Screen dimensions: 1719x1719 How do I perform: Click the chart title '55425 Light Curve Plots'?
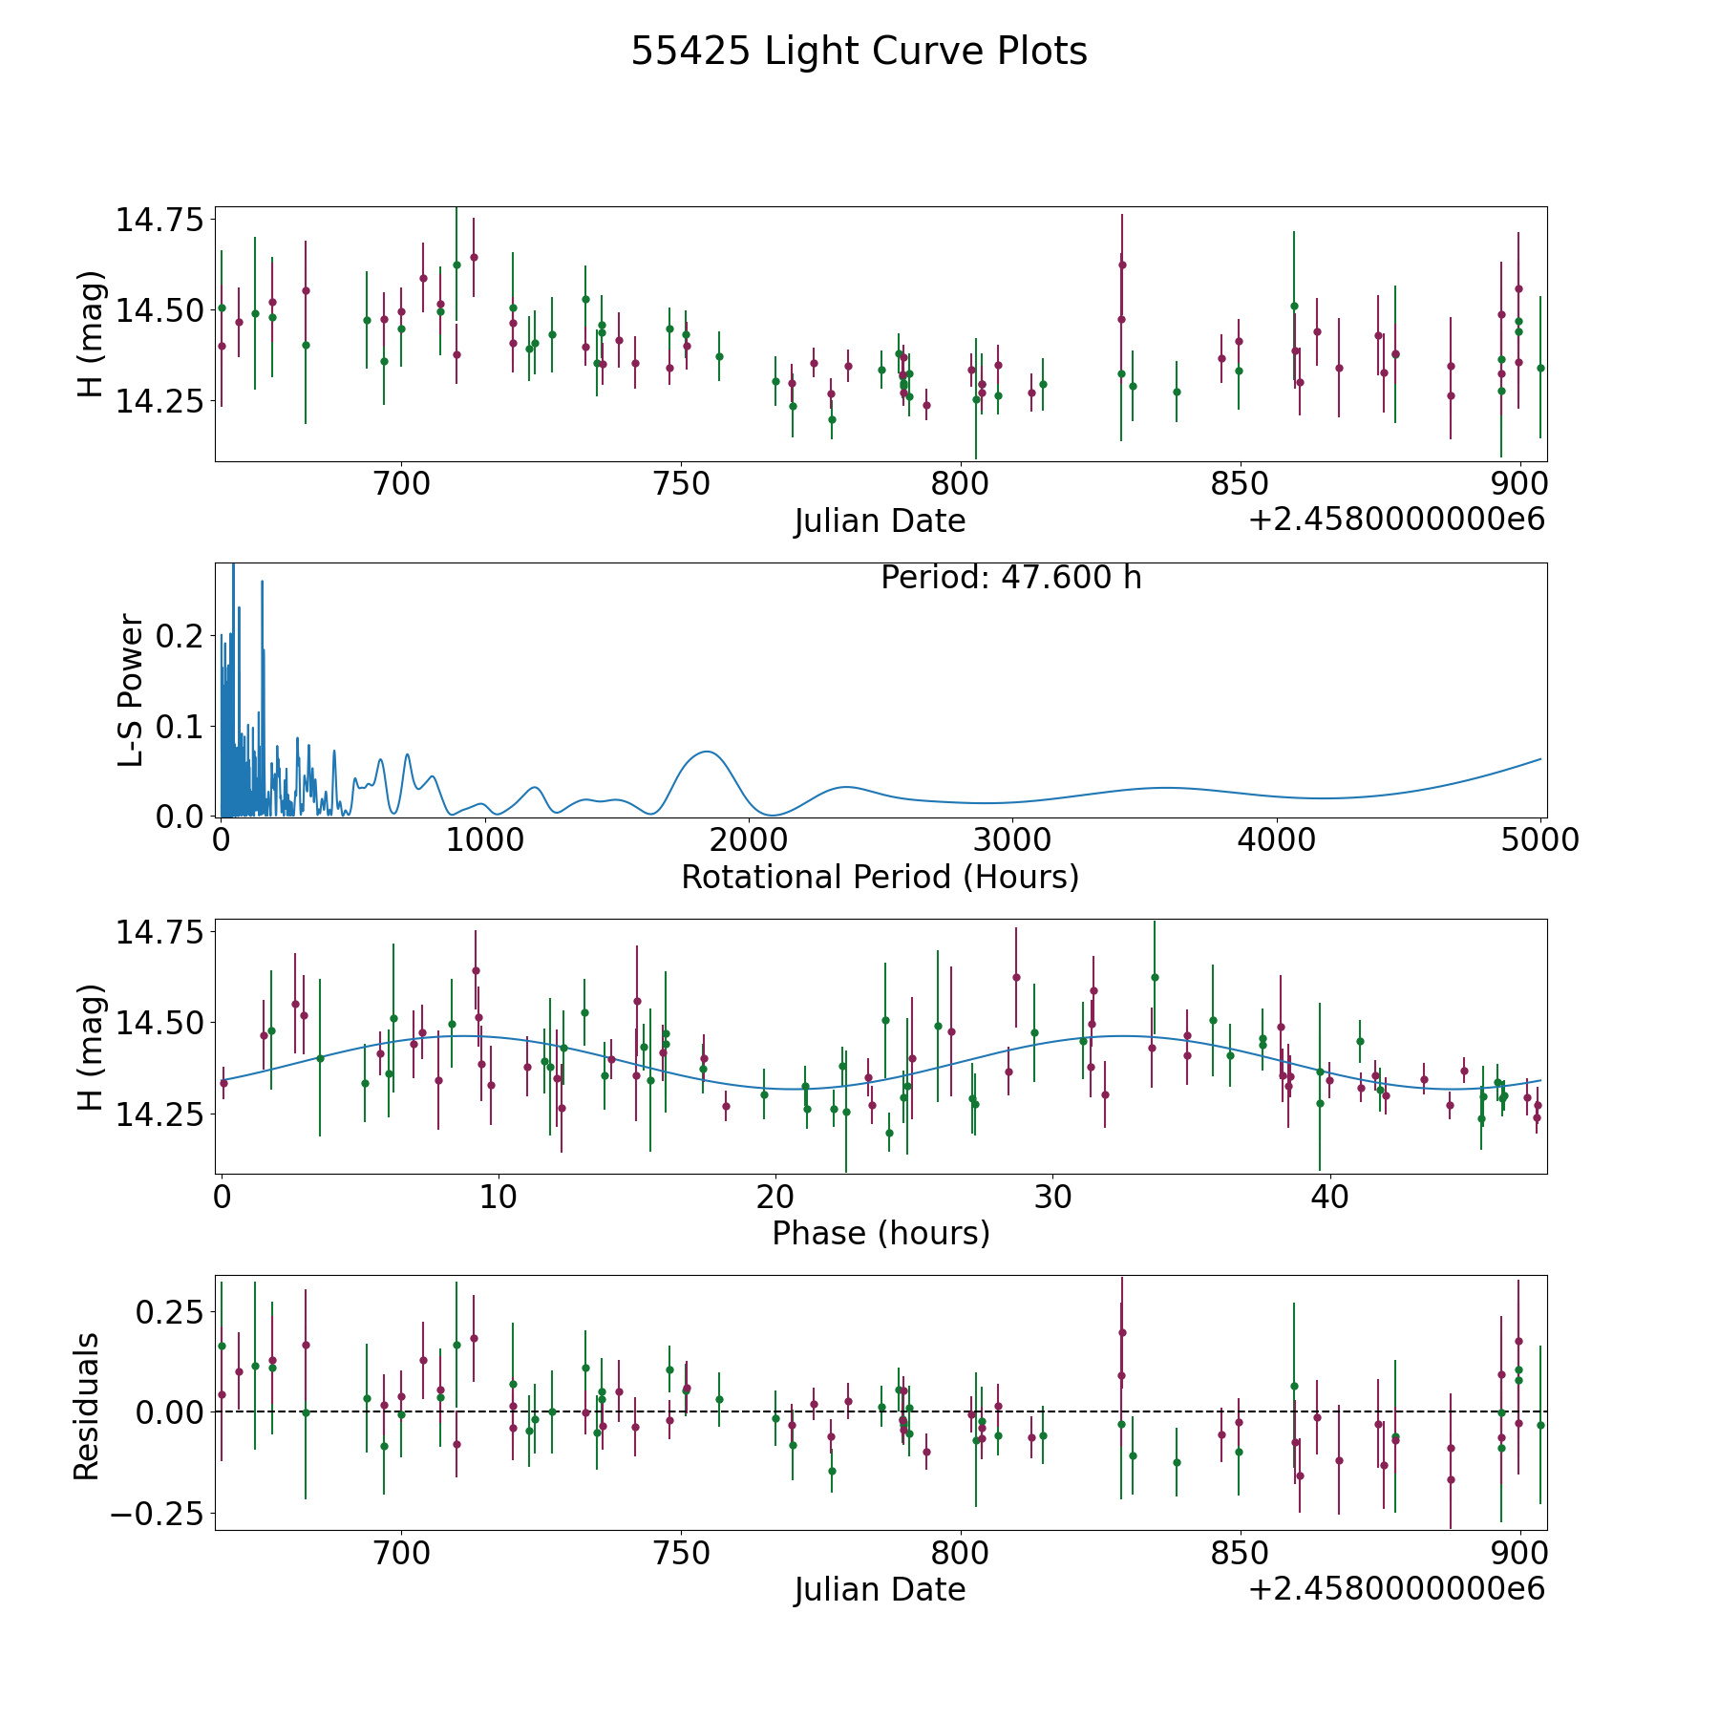coord(859,52)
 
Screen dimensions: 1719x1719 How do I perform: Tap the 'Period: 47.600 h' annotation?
coord(1010,578)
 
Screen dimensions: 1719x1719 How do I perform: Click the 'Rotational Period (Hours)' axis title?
coord(880,877)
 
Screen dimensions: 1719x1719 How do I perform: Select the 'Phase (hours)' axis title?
coord(881,1233)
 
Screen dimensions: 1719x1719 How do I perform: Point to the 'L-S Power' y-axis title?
coord(132,690)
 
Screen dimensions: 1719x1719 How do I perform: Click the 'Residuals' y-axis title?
coord(87,1407)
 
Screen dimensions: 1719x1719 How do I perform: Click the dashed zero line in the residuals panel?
coord(881,1411)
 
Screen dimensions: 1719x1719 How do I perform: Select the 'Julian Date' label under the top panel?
coord(880,521)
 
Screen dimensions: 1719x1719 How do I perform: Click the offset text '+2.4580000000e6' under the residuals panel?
coord(1396,1589)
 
